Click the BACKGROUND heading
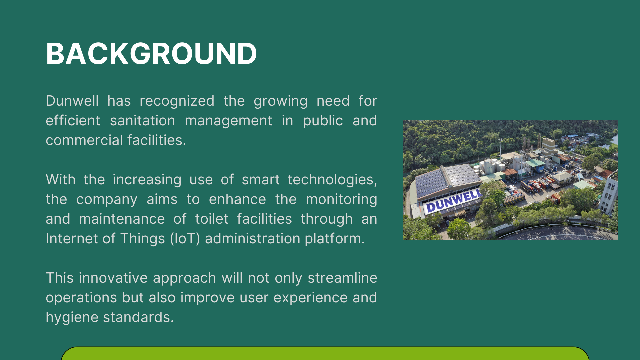pyautogui.click(x=151, y=53)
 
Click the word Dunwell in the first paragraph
pyautogui.click(x=72, y=101)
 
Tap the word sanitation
pyautogui.click(x=143, y=120)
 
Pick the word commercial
pyautogui.click(x=84, y=140)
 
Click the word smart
pyautogui.click(x=261, y=179)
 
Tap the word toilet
pyautogui.click(x=212, y=219)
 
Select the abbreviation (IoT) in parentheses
pyautogui.click(x=185, y=239)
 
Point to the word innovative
pyautogui.click(x=113, y=278)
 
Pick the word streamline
pyautogui.click(x=342, y=278)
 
